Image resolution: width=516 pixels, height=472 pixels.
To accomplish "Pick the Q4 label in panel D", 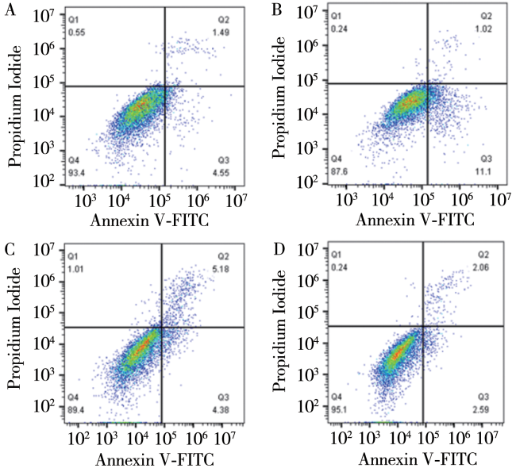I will coord(337,398).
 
